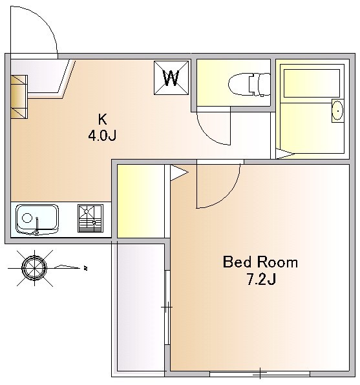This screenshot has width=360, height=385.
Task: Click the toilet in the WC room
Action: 249,85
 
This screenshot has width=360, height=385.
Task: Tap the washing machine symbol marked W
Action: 171,78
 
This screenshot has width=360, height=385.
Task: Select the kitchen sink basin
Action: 37,220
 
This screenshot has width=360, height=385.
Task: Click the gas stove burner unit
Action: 90,218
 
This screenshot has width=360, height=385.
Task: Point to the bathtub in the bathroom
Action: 312,83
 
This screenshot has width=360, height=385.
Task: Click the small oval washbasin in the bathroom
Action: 337,110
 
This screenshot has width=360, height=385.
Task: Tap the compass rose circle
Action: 34,268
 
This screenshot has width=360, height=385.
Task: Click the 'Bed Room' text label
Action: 260,262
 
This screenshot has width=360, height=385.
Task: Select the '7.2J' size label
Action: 261,279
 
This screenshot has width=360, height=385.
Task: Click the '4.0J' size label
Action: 102,135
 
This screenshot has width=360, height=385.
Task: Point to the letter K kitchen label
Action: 103,120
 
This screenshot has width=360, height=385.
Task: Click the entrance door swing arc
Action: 47,23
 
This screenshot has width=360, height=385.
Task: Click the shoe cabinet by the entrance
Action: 19,97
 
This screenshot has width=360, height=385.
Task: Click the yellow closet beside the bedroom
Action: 141,201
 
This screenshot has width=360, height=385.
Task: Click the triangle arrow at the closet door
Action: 179,173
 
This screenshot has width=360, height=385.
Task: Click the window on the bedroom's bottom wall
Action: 260,374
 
